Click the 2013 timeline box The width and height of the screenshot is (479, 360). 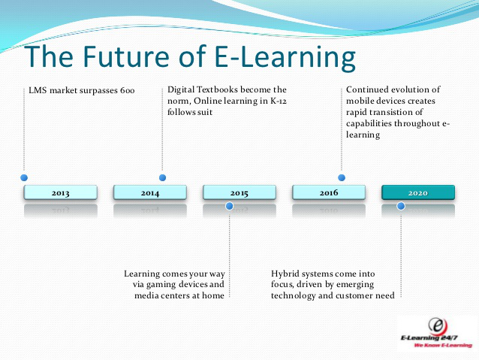(x=61, y=192)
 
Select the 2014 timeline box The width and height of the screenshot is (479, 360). (x=150, y=192)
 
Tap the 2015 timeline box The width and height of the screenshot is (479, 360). (x=239, y=192)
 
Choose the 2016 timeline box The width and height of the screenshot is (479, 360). (x=329, y=192)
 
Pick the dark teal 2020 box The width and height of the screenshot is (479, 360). (x=418, y=192)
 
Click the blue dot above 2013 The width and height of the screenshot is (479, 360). (x=24, y=177)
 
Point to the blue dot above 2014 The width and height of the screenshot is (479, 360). (x=162, y=177)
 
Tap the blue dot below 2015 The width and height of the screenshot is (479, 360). (x=230, y=206)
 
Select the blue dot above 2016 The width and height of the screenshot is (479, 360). (x=342, y=177)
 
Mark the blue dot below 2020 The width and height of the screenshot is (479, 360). (x=401, y=206)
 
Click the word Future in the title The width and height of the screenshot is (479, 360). (x=126, y=56)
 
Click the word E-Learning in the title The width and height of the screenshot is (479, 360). (x=285, y=58)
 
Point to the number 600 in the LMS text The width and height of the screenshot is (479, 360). (x=127, y=90)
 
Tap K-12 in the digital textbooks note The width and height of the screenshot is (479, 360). (x=279, y=101)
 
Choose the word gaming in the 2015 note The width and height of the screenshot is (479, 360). (x=161, y=285)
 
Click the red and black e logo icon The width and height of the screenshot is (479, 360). (x=438, y=326)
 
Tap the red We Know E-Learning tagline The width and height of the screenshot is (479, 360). (x=443, y=345)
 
